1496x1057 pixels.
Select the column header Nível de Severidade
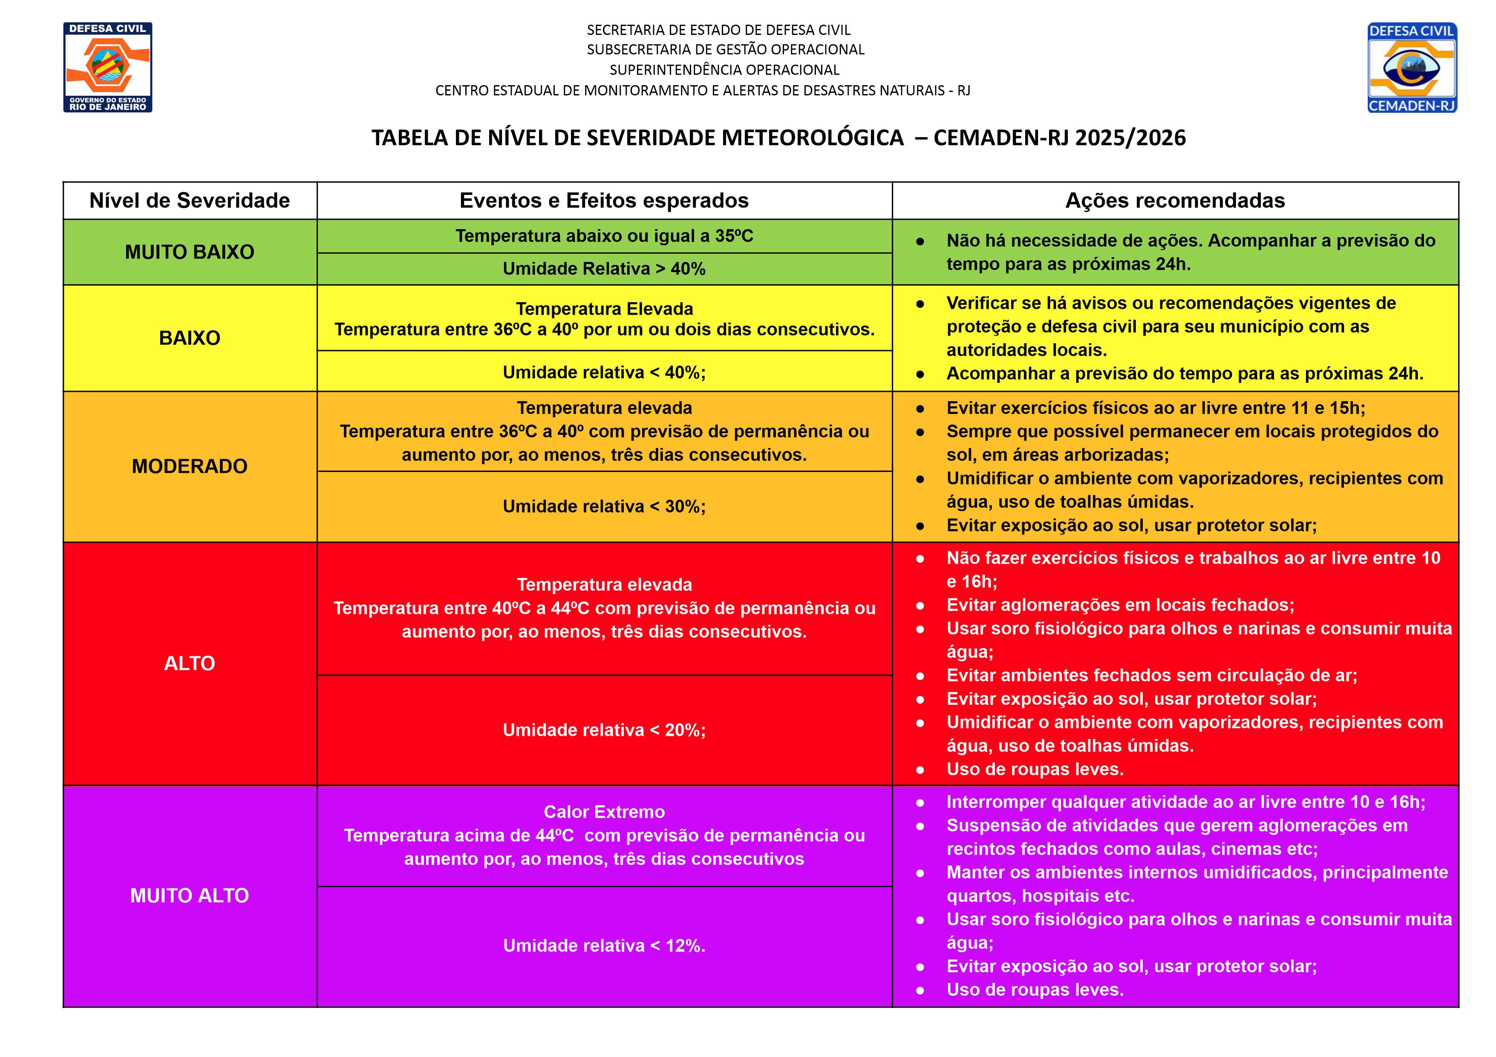coord(190,201)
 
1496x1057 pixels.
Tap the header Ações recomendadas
coord(1175,201)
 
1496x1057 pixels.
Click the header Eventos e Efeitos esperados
coord(604,201)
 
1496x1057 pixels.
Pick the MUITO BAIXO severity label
coord(190,252)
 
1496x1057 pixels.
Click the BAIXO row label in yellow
coord(190,338)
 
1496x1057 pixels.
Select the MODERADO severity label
coord(190,466)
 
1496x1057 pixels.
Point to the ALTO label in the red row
coord(190,663)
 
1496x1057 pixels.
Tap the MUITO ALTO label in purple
coord(190,896)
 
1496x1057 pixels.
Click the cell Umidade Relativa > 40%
coord(604,269)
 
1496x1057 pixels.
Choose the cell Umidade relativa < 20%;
coord(604,730)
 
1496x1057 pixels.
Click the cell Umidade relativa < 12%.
coord(604,945)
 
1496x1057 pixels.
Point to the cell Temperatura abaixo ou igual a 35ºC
coord(604,236)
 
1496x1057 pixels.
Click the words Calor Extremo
coord(604,812)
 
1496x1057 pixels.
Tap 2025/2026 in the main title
coord(1130,138)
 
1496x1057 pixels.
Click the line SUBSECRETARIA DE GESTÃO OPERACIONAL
coord(725,49)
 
